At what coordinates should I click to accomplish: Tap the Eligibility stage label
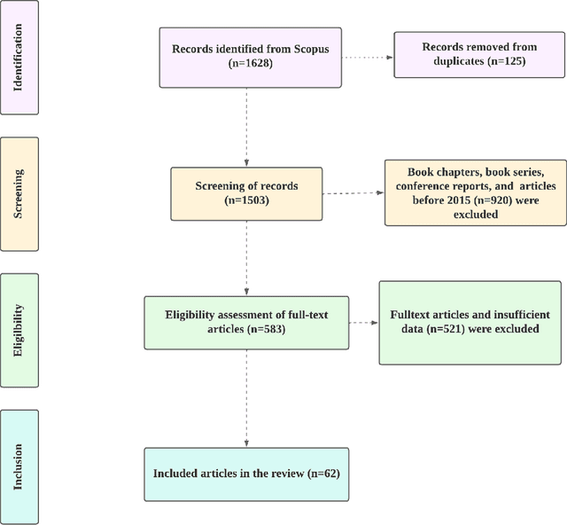point(19,331)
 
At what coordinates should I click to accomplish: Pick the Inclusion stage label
point(19,466)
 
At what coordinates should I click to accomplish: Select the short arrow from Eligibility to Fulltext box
point(363,322)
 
